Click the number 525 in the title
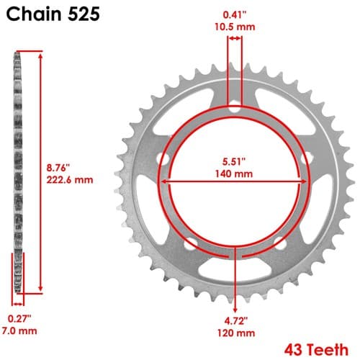coord(84,14)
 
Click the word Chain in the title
coord(34,14)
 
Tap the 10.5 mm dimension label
coord(235,27)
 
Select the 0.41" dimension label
coord(235,15)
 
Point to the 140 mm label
coord(234,174)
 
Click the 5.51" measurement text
coord(234,161)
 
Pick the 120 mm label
coord(236,333)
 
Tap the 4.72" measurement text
coord(236,321)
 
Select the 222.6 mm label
coord(70,180)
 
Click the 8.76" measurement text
coord(58,168)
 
